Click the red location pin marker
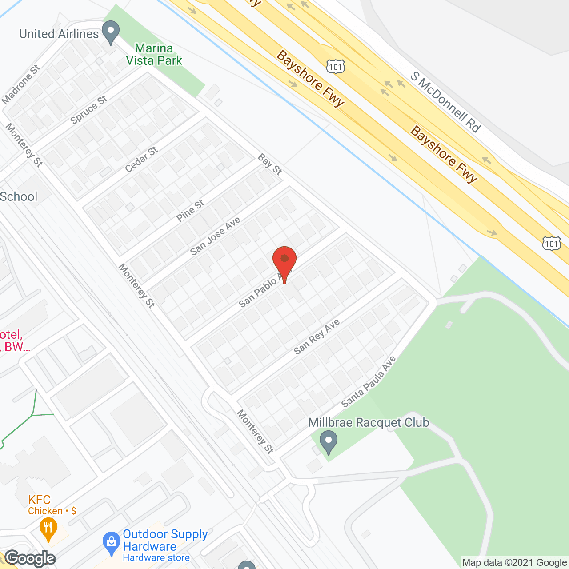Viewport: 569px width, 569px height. point(284,260)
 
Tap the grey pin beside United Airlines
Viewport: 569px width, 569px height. point(111,32)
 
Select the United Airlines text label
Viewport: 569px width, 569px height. point(59,34)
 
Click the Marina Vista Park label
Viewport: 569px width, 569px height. point(154,54)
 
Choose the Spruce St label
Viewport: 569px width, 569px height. point(89,110)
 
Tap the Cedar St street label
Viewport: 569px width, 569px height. point(141,160)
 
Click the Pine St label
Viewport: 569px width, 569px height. point(190,211)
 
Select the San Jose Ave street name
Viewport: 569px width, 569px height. point(215,236)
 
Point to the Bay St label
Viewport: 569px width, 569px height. point(270,164)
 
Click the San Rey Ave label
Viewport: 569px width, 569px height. point(317,337)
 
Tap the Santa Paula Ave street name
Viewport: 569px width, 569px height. point(368,382)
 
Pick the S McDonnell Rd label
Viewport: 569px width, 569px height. point(445,102)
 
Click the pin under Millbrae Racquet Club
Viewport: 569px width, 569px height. point(329,442)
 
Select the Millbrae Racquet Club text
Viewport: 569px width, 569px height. point(369,422)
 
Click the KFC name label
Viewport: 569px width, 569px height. point(40,500)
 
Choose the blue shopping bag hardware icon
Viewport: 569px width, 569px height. point(111,542)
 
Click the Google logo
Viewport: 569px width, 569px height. point(30,558)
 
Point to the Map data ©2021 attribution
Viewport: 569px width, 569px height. point(514,563)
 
